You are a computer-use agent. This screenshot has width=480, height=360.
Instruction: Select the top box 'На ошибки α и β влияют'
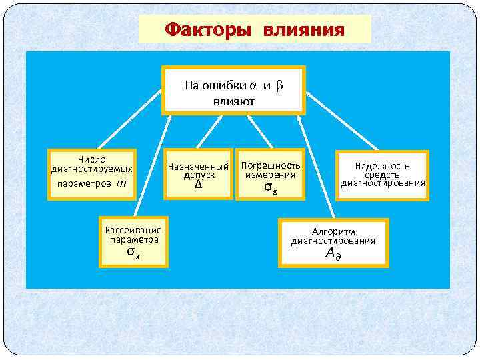click(x=234, y=90)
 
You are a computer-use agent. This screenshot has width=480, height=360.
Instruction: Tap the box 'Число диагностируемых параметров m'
click(x=92, y=173)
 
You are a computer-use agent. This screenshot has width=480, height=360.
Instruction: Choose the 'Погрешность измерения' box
click(x=271, y=175)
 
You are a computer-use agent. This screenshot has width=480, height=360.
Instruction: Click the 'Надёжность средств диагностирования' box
click(x=382, y=175)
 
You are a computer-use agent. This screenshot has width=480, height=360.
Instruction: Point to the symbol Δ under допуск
click(x=198, y=185)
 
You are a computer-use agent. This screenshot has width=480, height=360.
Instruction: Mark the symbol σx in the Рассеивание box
click(x=133, y=253)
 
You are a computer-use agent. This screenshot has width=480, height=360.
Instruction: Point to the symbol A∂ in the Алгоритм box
click(x=333, y=253)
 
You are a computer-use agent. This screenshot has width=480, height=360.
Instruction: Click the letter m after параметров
click(x=121, y=183)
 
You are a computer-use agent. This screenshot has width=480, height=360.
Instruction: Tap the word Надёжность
click(x=382, y=166)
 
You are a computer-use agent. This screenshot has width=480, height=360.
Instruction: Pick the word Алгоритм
click(x=333, y=231)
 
